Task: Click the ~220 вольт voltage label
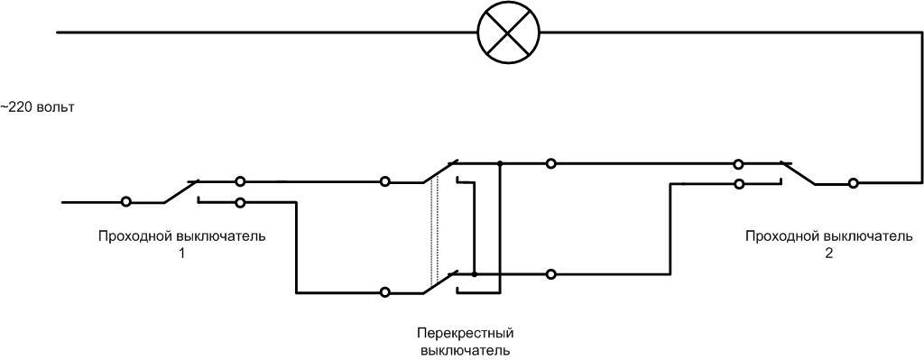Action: pyautogui.click(x=37, y=107)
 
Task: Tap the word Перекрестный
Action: pyautogui.click(x=466, y=333)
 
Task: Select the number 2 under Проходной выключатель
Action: pyautogui.click(x=828, y=254)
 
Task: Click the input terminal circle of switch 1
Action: pyautogui.click(x=126, y=201)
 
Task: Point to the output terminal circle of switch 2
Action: pyautogui.click(x=853, y=183)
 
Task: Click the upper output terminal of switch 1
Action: pyautogui.click(x=240, y=181)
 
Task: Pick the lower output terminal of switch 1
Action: pyautogui.click(x=240, y=202)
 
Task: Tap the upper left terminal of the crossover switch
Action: pyautogui.click(x=385, y=181)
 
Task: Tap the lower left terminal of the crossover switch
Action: pyautogui.click(x=385, y=291)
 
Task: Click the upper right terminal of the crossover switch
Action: pyautogui.click(x=550, y=163)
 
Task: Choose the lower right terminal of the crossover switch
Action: pyautogui.click(x=550, y=273)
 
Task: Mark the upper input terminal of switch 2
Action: pyautogui.click(x=738, y=163)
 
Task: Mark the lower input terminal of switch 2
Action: pyautogui.click(x=738, y=184)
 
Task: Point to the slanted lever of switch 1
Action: pyautogui.click(x=180, y=191)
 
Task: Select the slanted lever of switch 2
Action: pyautogui.click(x=799, y=173)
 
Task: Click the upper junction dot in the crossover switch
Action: pyautogui.click(x=499, y=163)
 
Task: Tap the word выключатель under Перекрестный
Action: pyautogui.click(x=466, y=349)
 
